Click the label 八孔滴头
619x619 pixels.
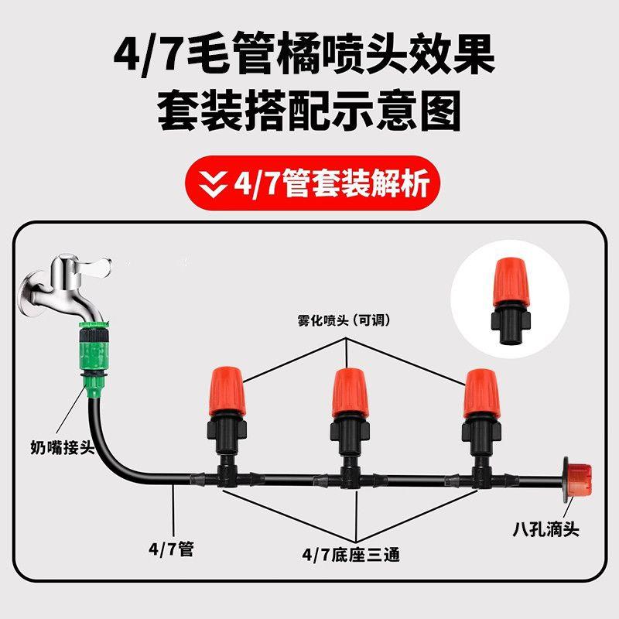545,530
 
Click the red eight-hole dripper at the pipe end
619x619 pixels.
577,480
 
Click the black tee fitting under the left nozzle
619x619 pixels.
227,473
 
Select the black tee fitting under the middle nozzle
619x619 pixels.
353,474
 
